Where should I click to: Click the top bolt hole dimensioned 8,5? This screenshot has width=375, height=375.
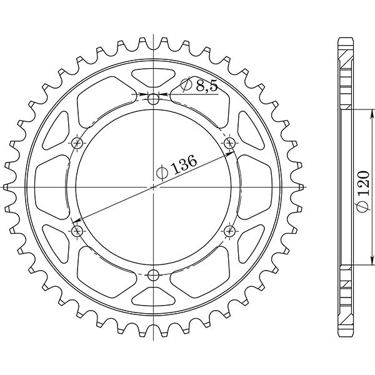[154, 98]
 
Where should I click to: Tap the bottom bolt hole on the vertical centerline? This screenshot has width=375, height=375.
[154, 274]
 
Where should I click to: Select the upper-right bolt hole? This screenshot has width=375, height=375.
[229, 142]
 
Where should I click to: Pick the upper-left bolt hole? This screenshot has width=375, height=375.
[77, 142]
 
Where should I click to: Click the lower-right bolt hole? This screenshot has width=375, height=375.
[229, 231]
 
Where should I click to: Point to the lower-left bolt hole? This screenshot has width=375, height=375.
[77, 231]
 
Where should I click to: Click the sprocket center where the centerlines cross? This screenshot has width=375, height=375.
[154, 186]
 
